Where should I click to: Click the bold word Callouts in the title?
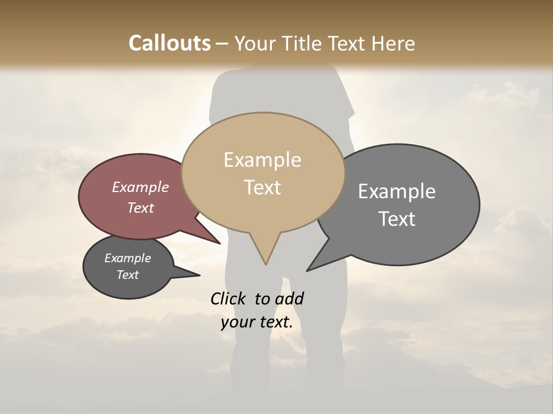pyautogui.click(x=169, y=43)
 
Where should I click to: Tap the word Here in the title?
pyautogui.click(x=394, y=43)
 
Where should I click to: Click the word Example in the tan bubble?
pyautogui.click(x=262, y=160)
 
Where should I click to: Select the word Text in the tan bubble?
pyautogui.click(x=262, y=187)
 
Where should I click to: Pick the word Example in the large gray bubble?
pyautogui.click(x=396, y=191)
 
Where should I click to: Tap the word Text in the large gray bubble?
pyautogui.click(x=396, y=219)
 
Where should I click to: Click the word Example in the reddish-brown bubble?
pyautogui.click(x=140, y=187)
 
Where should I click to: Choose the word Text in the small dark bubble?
pyautogui.click(x=127, y=275)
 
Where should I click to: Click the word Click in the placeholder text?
pyautogui.click(x=229, y=298)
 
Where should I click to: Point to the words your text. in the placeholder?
pyautogui.click(x=256, y=322)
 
